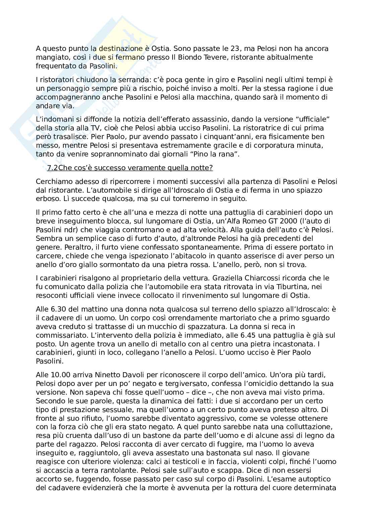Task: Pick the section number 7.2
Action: (x=53, y=168)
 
